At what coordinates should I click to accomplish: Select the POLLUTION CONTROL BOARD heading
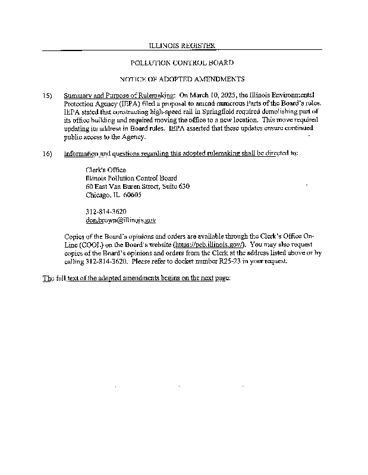(181, 62)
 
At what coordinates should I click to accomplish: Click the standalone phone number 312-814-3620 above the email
(106, 211)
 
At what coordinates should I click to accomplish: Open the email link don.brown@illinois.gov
(121, 220)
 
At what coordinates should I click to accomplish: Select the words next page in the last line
(214, 278)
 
